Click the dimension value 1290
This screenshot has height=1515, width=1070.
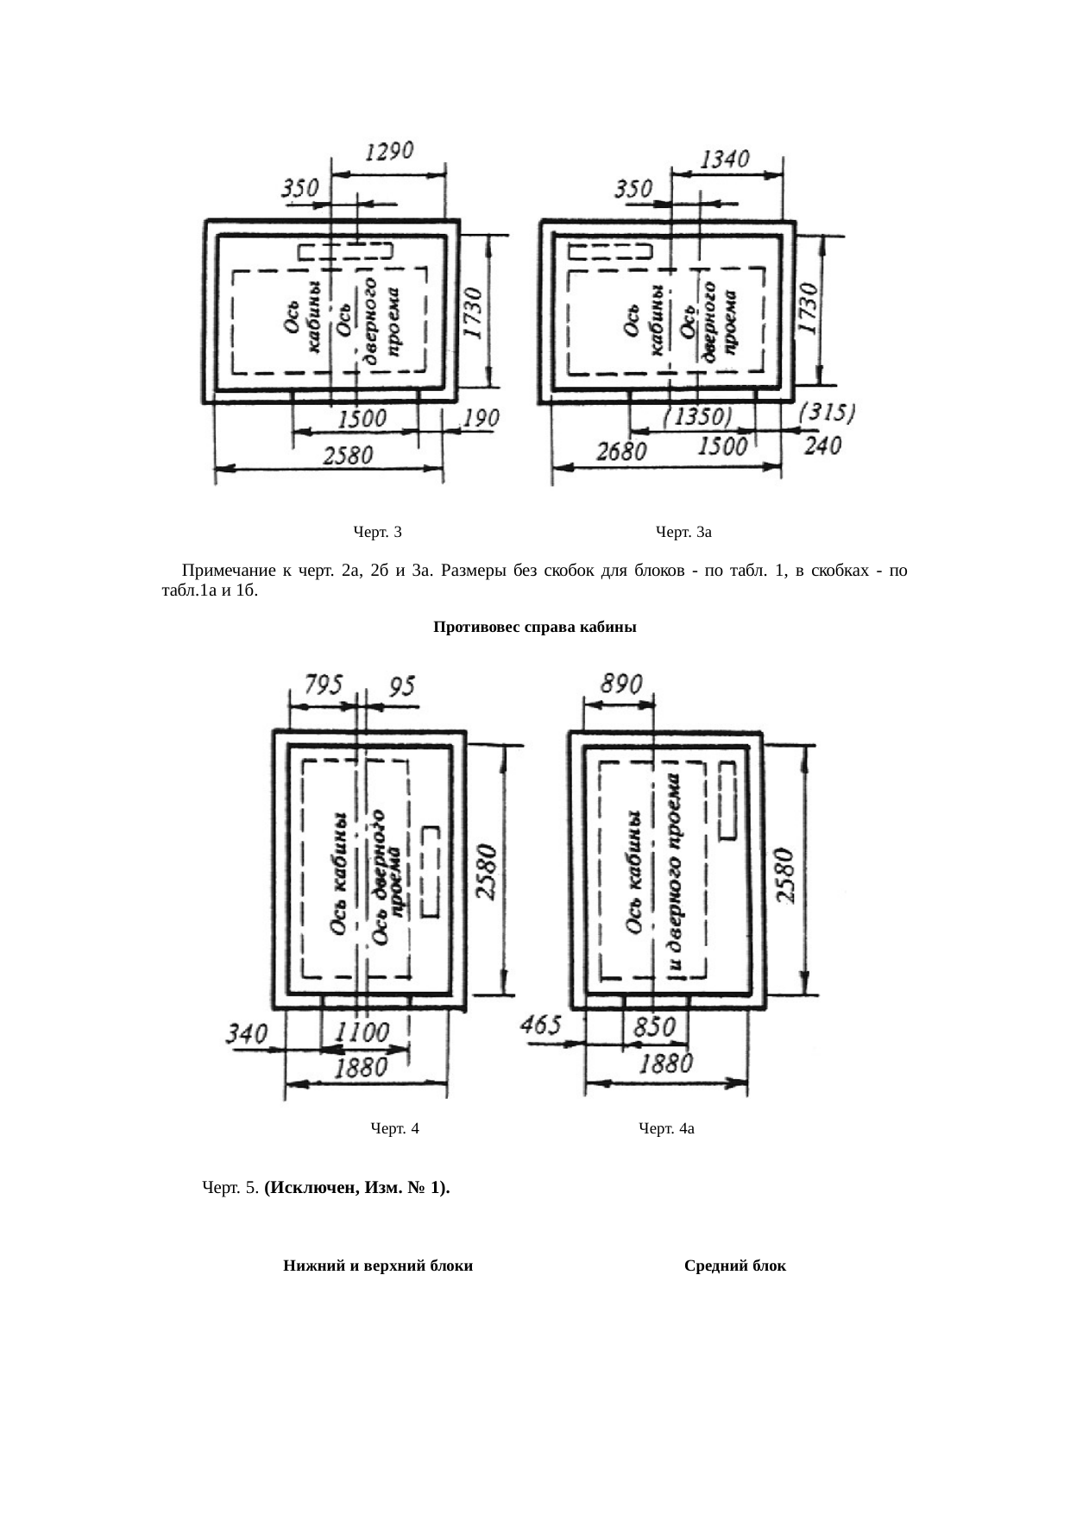(x=390, y=151)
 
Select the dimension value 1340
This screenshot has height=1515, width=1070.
(x=726, y=160)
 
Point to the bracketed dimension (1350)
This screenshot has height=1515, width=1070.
(x=701, y=416)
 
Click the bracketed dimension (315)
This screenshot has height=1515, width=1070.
(x=828, y=413)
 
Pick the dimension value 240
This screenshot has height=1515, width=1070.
(x=824, y=446)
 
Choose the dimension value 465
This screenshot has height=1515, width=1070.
(x=542, y=1026)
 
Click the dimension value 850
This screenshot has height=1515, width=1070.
(x=656, y=1027)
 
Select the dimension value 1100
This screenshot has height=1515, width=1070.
(x=361, y=1031)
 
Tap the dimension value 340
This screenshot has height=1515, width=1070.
(x=248, y=1032)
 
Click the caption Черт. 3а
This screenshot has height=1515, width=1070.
(x=683, y=532)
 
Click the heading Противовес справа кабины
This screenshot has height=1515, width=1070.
(x=534, y=628)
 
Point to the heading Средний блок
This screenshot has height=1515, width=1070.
(x=734, y=1266)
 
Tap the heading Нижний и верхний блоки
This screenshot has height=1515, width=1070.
(x=378, y=1266)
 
